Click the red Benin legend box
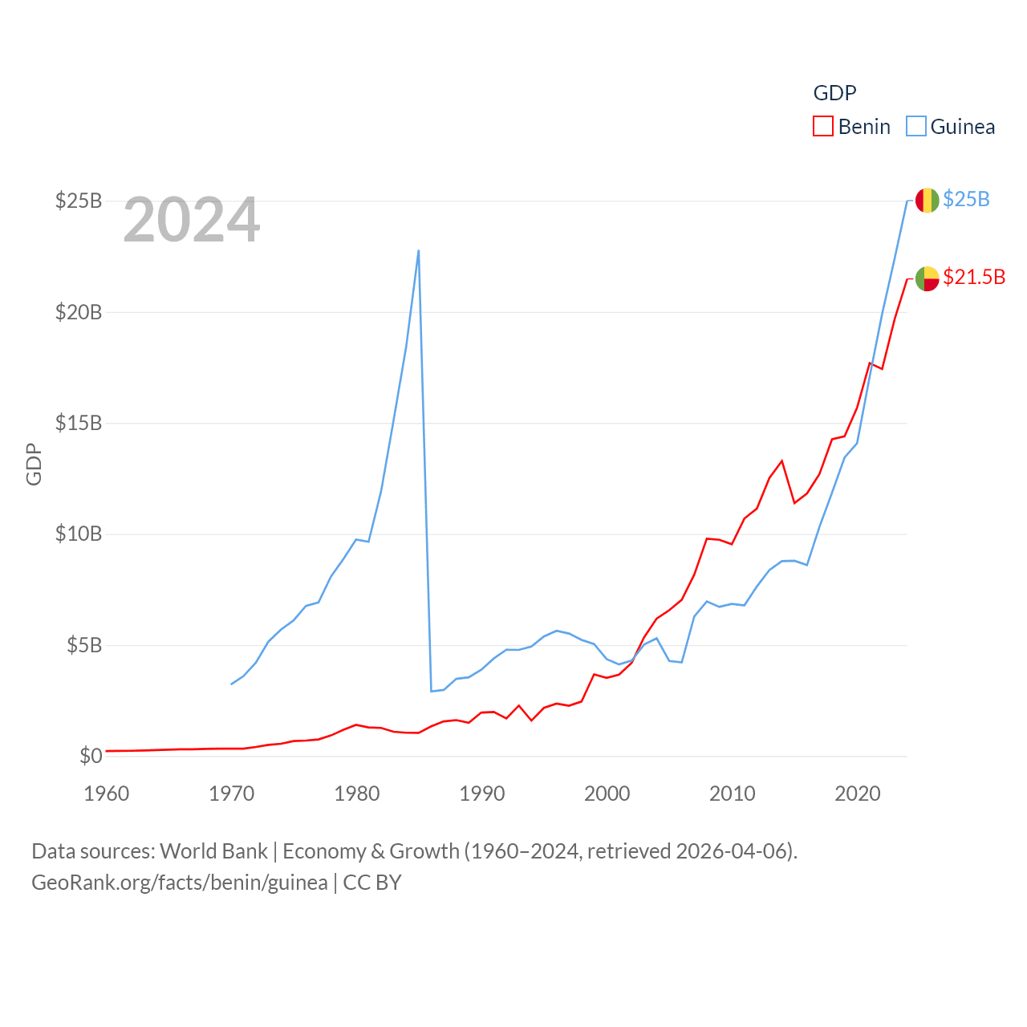[x=823, y=126]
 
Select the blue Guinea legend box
[x=915, y=126]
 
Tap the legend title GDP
[x=834, y=93]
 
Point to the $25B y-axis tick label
[x=79, y=201]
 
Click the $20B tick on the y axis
[x=79, y=312]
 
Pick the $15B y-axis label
[x=79, y=423]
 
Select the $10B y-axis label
[x=79, y=534]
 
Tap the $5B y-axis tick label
[x=83, y=645]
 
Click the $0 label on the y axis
[x=91, y=756]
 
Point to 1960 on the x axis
[x=107, y=794]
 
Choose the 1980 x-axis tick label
[x=357, y=794]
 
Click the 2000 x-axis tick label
[x=607, y=794]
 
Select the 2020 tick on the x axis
[x=858, y=794]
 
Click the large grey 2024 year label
[x=192, y=220]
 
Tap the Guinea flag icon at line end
[x=927, y=201]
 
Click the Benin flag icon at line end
[x=927, y=278]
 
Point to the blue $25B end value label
[x=966, y=199]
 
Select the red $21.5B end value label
[x=974, y=277]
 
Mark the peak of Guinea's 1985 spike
[x=419, y=250]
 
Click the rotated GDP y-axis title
[x=34, y=464]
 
